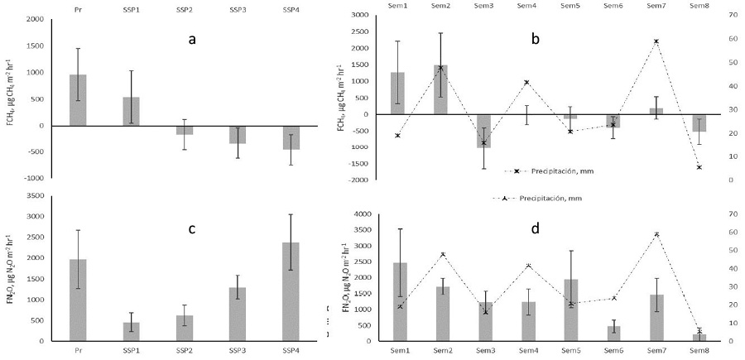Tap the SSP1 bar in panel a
131,112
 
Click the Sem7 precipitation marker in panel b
656,41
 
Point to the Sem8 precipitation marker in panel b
699,167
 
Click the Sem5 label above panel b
571,5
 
